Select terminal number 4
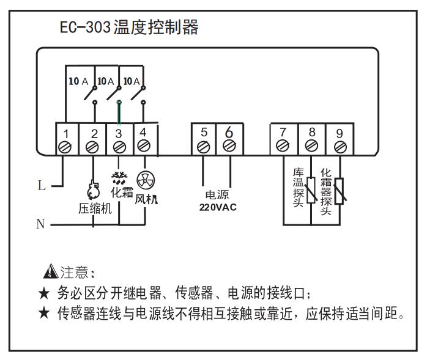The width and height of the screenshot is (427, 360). click(143, 132)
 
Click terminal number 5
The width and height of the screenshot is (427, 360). click(204, 132)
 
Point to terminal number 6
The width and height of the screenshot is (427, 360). click(229, 131)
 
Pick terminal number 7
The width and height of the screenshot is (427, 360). click(283, 132)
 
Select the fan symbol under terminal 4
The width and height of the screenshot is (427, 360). click(145, 180)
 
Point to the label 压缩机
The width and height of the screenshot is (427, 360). click(94, 207)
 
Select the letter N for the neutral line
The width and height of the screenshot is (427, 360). click(40, 224)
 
